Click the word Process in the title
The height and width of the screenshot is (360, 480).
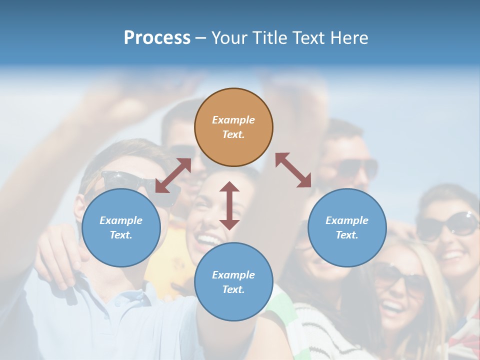(x=157, y=38)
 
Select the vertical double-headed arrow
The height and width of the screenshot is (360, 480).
(x=229, y=205)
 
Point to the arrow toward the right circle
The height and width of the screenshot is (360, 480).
(x=293, y=170)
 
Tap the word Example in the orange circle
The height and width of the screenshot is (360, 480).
(x=233, y=120)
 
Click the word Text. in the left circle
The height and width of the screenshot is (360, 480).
(x=121, y=235)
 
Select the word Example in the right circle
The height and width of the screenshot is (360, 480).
(x=347, y=220)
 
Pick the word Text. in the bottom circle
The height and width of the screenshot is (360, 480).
(x=233, y=289)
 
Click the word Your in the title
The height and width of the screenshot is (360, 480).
(x=229, y=38)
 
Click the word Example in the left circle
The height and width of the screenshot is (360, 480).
(x=121, y=220)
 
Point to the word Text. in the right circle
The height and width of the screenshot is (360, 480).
(x=347, y=235)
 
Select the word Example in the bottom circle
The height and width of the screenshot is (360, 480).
(x=233, y=275)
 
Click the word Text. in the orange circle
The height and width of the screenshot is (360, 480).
(x=233, y=134)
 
